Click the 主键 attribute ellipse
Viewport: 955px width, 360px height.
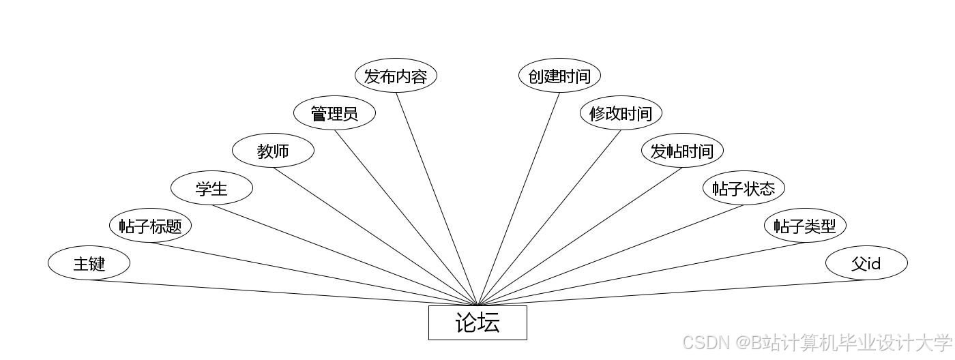(x=89, y=263)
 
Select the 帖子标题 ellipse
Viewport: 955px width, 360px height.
(x=150, y=226)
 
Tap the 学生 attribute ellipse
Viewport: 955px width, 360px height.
(x=211, y=188)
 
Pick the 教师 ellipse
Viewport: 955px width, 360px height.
(x=273, y=151)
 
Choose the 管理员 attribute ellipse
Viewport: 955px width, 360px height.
(x=334, y=113)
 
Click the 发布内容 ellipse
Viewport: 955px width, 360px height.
(x=396, y=76)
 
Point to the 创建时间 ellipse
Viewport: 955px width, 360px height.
(x=559, y=76)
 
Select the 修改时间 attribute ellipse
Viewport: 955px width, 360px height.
(x=621, y=113)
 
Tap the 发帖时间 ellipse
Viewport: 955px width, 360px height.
(x=682, y=151)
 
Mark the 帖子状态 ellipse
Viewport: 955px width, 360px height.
(x=744, y=188)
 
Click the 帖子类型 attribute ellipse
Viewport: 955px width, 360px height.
(x=805, y=226)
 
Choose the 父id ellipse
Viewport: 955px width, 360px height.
(x=866, y=263)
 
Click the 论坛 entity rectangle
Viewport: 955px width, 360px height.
(x=477, y=322)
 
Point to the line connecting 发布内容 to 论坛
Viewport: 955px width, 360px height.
(x=437, y=198)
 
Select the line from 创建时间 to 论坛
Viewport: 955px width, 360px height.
(x=518, y=198)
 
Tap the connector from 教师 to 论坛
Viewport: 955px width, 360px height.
(x=375, y=236)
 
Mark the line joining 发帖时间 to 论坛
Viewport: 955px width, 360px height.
(x=580, y=236)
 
